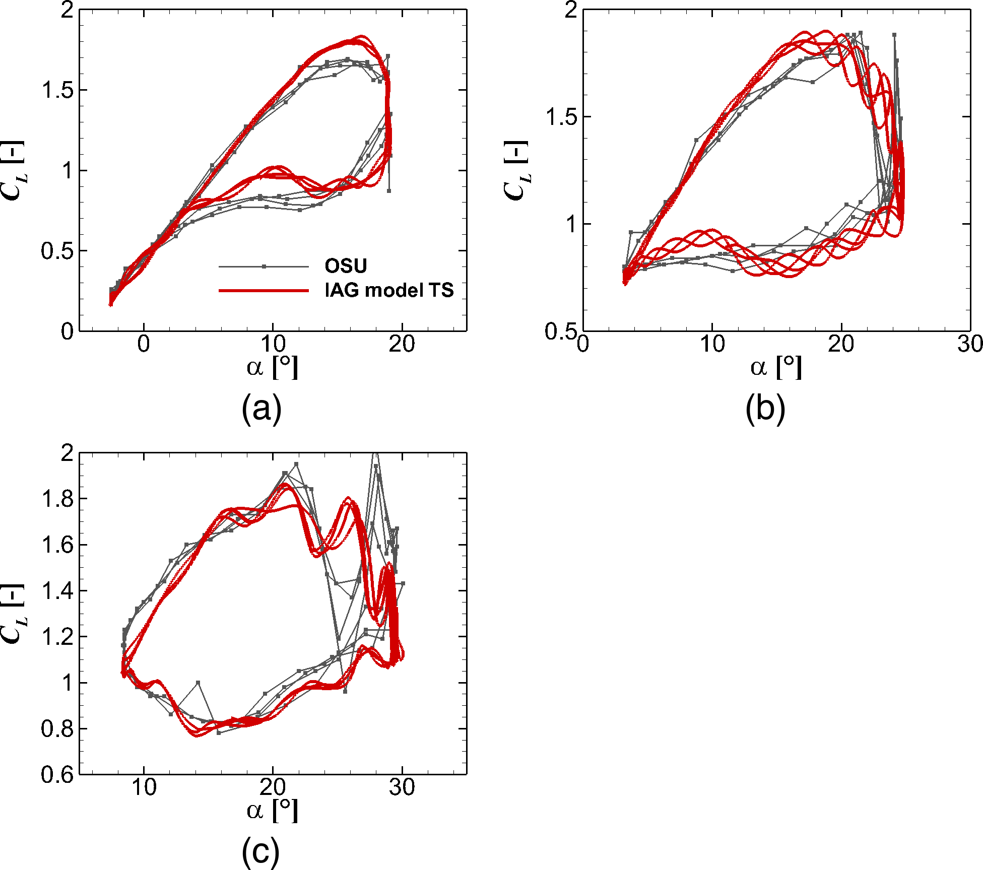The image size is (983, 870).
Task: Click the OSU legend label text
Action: [x=346, y=265]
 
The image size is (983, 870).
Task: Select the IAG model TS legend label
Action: [x=389, y=290]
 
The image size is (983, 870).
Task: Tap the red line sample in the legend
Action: [x=264, y=291]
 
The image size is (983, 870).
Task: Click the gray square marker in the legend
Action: [x=264, y=266]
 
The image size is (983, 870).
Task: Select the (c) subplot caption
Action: [x=260, y=851]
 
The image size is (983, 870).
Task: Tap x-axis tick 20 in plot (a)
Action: [x=402, y=345]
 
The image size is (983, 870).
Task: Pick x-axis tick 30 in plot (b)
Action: [x=970, y=345]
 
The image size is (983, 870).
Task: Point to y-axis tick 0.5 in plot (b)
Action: [x=560, y=331]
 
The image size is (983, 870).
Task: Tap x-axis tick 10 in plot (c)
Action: [x=144, y=787]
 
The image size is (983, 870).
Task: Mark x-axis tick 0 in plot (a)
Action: [x=144, y=345]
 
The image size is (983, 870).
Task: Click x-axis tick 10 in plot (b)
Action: [x=712, y=345]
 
